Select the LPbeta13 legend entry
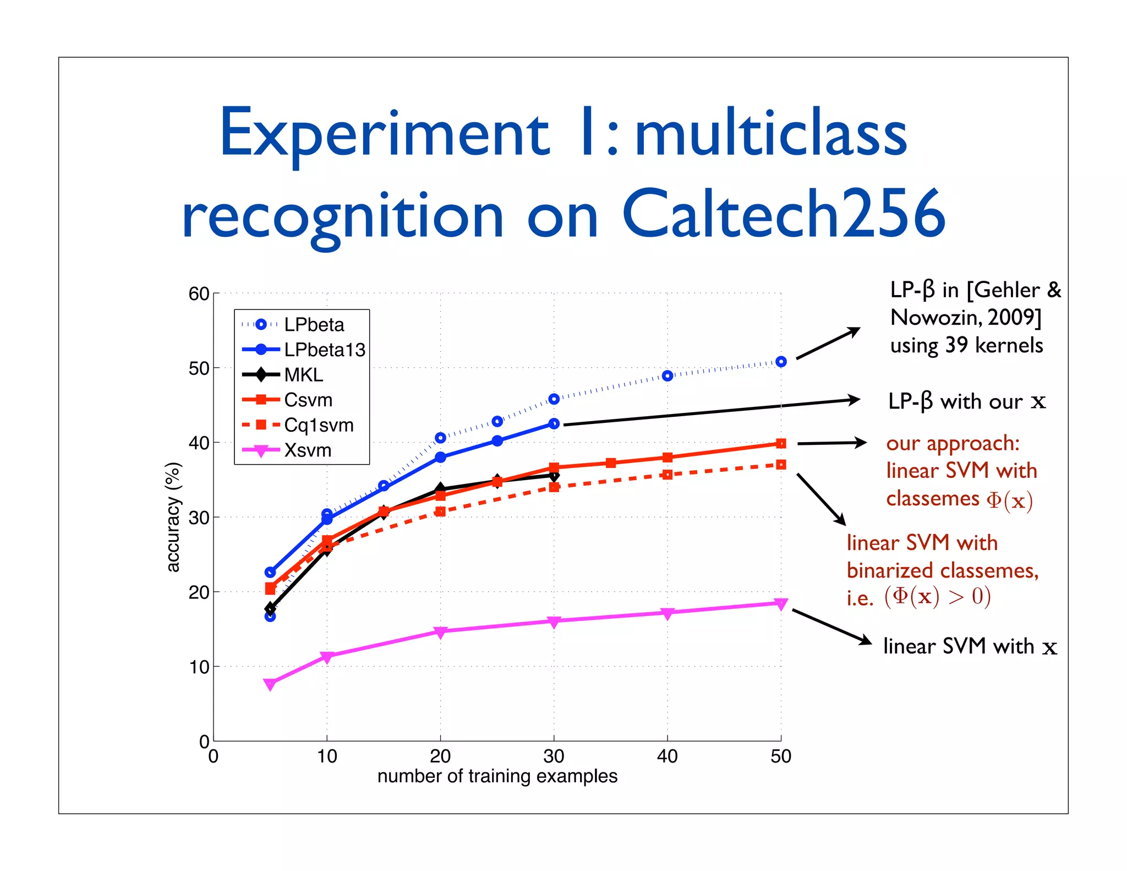click(x=324, y=350)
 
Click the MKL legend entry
click(x=304, y=375)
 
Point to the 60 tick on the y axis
click(x=199, y=294)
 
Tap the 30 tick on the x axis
click(x=554, y=756)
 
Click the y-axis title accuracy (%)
click(x=173, y=517)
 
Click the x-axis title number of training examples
click(x=497, y=776)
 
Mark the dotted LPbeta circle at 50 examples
click(x=781, y=362)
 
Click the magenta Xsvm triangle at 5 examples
click(x=270, y=684)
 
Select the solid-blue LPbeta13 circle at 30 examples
click(x=554, y=423)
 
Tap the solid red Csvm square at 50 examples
click(x=781, y=443)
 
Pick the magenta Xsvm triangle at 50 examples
click(x=781, y=603)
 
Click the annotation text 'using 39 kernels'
click(x=966, y=345)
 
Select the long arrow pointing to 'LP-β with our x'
click(x=710, y=412)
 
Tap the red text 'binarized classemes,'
click(x=942, y=570)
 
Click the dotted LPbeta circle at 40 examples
click(x=668, y=376)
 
